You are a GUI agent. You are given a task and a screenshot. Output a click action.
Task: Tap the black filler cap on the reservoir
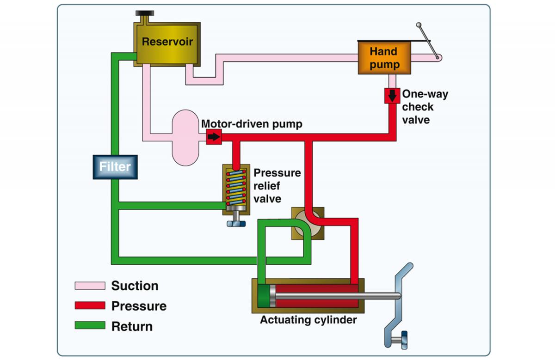[x=145, y=12]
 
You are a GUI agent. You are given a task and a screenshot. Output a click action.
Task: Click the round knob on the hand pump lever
[x=419, y=25]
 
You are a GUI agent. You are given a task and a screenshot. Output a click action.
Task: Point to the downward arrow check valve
[x=392, y=96]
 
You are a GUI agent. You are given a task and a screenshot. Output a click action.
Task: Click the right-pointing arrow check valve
[x=214, y=136]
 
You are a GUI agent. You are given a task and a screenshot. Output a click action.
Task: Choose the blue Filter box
[x=115, y=167]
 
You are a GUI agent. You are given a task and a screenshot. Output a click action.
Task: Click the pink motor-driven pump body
[x=185, y=137]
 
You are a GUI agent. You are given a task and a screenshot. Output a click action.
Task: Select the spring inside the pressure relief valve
[x=236, y=187]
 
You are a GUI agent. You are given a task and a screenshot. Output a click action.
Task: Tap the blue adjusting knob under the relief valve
[x=236, y=224]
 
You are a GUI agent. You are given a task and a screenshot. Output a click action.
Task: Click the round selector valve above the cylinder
[x=307, y=223]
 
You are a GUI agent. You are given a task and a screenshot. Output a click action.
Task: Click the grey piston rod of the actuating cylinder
[x=338, y=296]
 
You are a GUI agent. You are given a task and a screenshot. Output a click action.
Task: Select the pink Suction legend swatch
[x=90, y=286]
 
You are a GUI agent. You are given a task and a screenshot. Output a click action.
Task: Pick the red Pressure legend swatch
[x=90, y=306]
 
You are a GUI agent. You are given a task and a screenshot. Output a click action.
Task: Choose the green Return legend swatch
[x=90, y=326]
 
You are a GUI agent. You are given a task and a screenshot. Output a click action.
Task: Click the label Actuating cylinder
[x=308, y=320]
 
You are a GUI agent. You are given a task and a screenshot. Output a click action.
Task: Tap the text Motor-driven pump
[x=252, y=124]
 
